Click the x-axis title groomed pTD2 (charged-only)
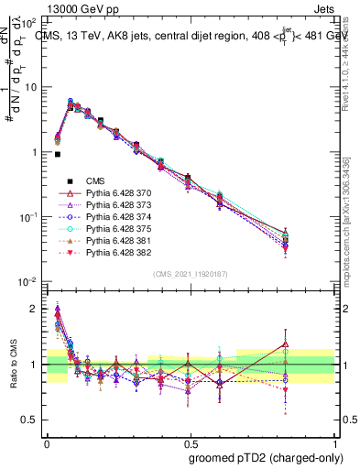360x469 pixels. pyautogui.click(x=267, y=458)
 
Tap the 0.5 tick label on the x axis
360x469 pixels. pyautogui.click(x=189, y=441)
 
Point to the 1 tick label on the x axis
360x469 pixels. pyautogui.click(x=332, y=441)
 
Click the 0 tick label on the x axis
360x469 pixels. pyautogui.click(x=47, y=441)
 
